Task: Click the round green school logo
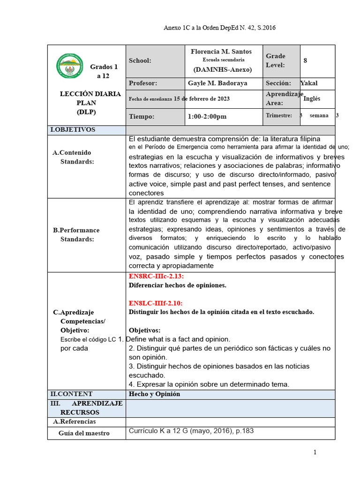[x=69, y=66]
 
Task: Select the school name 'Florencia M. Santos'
[x=221, y=52]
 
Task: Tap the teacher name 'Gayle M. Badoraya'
[x=217, y=83]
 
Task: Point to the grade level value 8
[x=305, y=60]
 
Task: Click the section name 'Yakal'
[x=309, y=83]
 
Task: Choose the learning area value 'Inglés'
[x=313, y=99]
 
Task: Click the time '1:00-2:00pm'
[x=207, y=116]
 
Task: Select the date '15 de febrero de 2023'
[x=202, y=98]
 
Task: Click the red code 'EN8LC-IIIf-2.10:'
[x=156, y=303]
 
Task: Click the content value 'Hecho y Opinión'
[x=154, y=394]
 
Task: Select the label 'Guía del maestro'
[x=84, y=433]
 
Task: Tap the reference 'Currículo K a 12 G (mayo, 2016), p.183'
[x=191, y=431]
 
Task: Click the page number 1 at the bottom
[x=315, y=452]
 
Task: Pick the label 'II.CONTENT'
[x=71, y=394]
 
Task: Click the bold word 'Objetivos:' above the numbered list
[x=144, y=330]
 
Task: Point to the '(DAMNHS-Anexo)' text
[x=223, y=69]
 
